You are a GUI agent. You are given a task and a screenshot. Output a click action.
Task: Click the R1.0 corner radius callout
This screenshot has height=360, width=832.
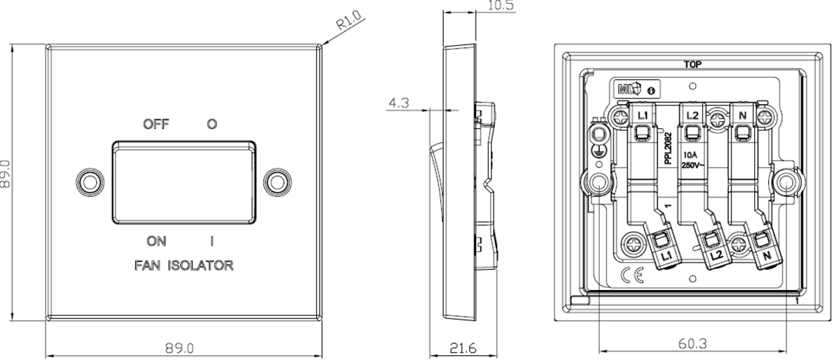(348, 20)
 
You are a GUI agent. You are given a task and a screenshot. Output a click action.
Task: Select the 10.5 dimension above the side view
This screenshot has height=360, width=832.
(501, 5)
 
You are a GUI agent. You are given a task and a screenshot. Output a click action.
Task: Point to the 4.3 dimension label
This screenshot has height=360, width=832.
(399, 103)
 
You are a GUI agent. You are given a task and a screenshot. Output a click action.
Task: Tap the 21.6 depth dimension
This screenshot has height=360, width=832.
(463, 348)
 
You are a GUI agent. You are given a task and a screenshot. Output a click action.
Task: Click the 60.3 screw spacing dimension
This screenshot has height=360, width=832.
(693, 343)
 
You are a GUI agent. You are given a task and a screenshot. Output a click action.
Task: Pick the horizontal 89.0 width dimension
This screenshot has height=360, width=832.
(180, 348)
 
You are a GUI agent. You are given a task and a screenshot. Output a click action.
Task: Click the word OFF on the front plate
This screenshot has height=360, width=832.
(156, 123)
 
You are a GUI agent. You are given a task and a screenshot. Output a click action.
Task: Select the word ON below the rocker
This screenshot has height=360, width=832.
(156, 241)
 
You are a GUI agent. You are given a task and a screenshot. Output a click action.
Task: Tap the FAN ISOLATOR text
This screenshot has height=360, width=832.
(184, 265)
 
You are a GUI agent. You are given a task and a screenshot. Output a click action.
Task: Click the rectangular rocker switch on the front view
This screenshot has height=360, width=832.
(184, 182)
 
